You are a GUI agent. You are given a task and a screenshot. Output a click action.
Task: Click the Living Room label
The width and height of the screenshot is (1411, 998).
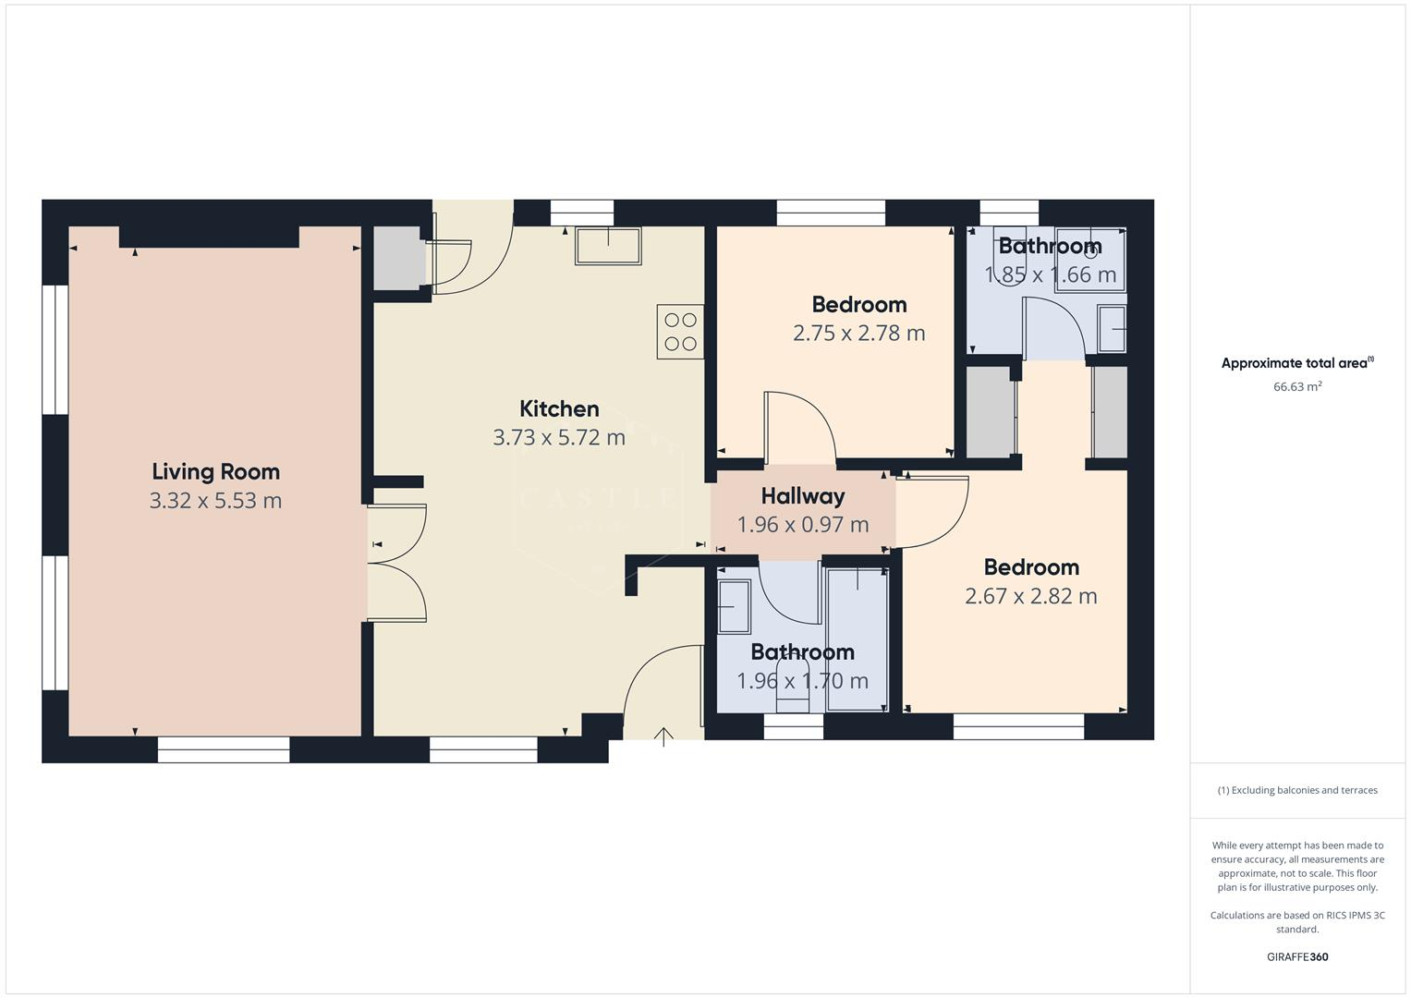tap(215, 471)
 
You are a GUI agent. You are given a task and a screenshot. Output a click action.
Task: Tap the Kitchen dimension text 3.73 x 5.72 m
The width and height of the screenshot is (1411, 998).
tap(559, 437)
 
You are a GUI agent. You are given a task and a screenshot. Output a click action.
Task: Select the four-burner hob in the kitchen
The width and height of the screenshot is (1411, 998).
tap(680, 332)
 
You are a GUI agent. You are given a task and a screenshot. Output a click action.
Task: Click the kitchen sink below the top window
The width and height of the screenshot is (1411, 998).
tap(608, 246)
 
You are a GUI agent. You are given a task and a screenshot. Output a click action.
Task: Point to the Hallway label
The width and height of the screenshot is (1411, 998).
tap(802, 496)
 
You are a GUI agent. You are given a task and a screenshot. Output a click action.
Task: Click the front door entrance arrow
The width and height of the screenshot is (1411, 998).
tap(663, 736)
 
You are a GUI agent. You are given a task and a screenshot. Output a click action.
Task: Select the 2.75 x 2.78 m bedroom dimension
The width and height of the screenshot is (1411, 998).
tap(858, 333)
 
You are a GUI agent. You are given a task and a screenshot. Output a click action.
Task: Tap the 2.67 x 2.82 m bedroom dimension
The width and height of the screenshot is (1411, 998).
tap(1030, 596)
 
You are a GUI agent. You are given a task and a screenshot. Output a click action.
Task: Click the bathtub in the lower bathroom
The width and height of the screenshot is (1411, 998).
tap(857, 639)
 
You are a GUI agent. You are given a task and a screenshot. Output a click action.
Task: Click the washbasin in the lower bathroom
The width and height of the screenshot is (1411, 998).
tap(735, 606)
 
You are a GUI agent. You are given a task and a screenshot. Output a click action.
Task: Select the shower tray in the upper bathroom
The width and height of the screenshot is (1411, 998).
tap(1089, 261)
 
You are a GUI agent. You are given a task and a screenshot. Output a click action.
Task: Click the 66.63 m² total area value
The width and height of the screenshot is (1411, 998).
tap(1297, 386)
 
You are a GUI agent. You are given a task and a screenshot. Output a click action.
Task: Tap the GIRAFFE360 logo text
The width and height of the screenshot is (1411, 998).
tap(1296, 956)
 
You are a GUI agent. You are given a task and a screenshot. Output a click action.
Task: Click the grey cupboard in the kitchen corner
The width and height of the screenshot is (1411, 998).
tap(397, 259)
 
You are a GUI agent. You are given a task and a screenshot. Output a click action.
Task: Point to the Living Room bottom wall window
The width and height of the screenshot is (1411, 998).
tap(224, 749)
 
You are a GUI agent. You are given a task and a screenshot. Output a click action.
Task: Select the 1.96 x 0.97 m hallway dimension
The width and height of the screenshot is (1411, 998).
tap(802, 525)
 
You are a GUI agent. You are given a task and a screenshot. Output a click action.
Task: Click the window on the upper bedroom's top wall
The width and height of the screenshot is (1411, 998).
tap(831, 213)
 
